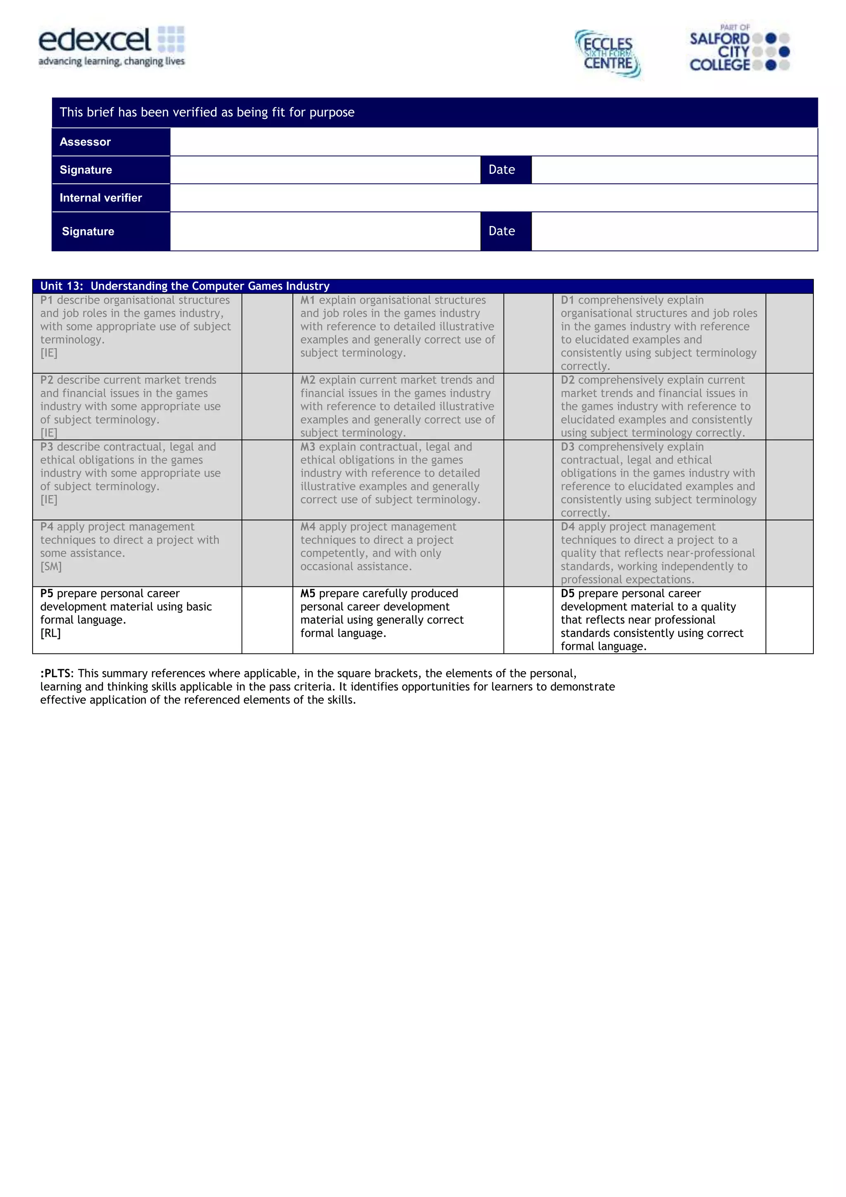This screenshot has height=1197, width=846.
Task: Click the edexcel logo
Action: click(x=111, y=46)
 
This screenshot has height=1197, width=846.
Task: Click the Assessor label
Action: click(x=85, y=142)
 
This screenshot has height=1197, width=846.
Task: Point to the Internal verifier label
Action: click(x=101, y=197)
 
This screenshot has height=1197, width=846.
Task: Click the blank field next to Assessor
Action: click(x=493, y=142)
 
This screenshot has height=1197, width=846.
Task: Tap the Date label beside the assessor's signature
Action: click(x=501, y=170)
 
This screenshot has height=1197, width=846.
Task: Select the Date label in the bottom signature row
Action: click(x=501, y=231)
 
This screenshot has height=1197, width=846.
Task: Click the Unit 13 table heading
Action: click(x=185, y=286)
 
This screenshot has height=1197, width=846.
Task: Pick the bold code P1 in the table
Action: click(x=46, y=300)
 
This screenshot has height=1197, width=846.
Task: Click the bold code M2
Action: click(x=307, y=380)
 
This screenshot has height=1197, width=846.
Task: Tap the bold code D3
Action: click(x=567, y=447)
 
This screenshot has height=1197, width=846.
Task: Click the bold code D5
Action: click(x=567, y=593)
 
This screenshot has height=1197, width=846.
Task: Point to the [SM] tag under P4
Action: click(x=50, y=567)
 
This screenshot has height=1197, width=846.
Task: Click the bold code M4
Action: click(x=307, y=527)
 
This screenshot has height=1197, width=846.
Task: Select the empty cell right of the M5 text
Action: click(x=528, y=620)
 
